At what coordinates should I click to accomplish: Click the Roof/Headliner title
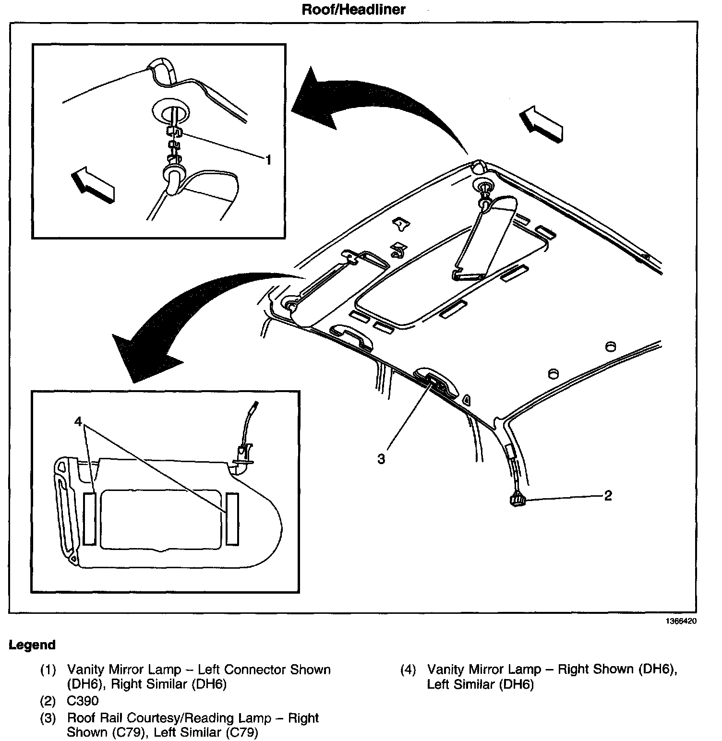pyautogui.click(x=353, y=9)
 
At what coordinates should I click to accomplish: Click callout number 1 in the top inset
pyautogui.click(x=269, y=160)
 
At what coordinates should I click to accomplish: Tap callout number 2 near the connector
pyautogui.click(x=608, y=495)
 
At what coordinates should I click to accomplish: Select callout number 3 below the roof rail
pyautogui.click(x=381, y=459)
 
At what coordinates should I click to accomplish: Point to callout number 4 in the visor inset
pyautogui.click(x=79, y=421)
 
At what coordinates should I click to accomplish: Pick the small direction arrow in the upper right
pyautogui.click(x=541, y=124)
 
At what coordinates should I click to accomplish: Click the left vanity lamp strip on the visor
pyautogui.click(x=89, y=518)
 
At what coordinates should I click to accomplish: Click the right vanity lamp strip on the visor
pyautogui.click(x=232, y=518)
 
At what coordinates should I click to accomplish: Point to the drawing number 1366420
pyautogui.click(x=680, y=621)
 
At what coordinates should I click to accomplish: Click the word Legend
pyautogui.click(x=32, y=645)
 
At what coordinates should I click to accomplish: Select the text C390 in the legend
pyautogui.click(x=83, y=701)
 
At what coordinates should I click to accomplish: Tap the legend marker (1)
pyautogui.click(x=48, y=670)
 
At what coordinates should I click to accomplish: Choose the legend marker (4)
pyautogui.click(x=408, y=670)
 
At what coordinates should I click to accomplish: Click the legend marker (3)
pyautogui.click(x=48, y=718)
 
